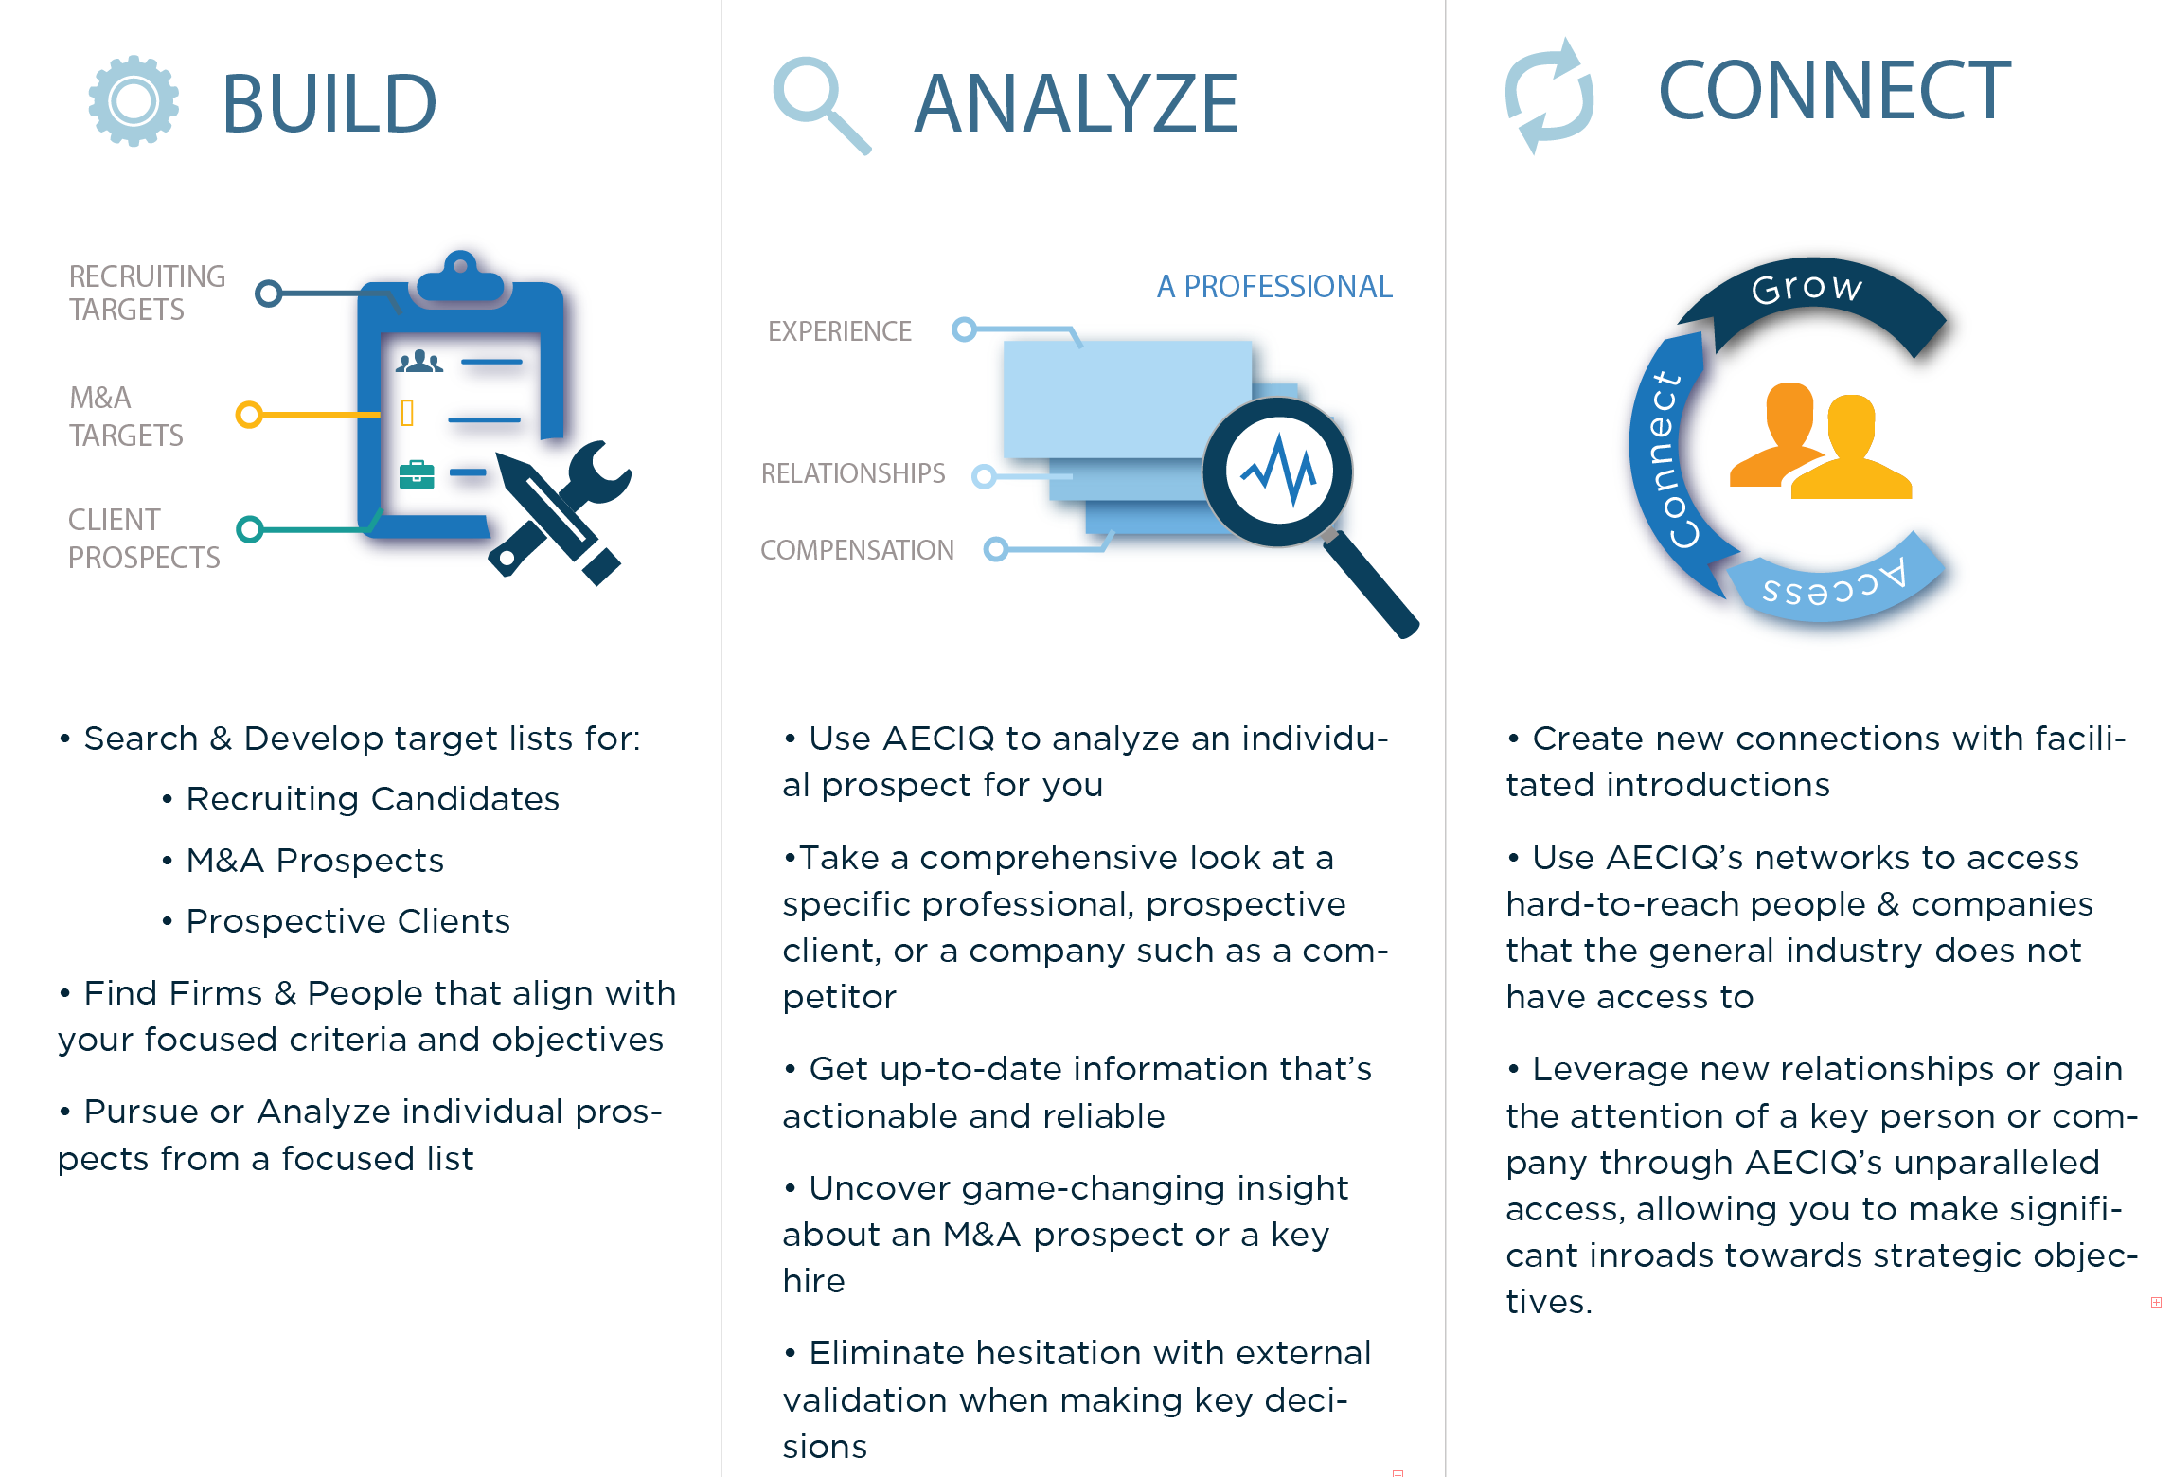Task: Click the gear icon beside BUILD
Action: click(x=134, y=101)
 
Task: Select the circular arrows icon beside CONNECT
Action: click(x=1550, y=96)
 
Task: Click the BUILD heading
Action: click(x=329, y=104)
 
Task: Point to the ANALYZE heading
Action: click(x=1077, y=104)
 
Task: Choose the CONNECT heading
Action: click(x=1835, y=91)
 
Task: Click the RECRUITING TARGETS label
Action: click(x=147, y=293)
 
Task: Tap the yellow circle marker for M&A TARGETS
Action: click(x=249, y=415)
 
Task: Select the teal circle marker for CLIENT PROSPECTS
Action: click(x=250, y=528)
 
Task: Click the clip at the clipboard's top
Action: click(x=460, y=279)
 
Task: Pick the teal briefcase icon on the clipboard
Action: click(x=417, y=474)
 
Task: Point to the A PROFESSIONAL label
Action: click(x=1274, y=286)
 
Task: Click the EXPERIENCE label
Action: click(x=840, y=331)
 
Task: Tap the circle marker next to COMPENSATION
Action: click(x=996, y=549)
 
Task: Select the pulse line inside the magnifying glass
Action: click(x=1279, y=471)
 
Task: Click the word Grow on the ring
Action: click(x=1807, y=287)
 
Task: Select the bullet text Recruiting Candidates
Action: click(x=373, y=799)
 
